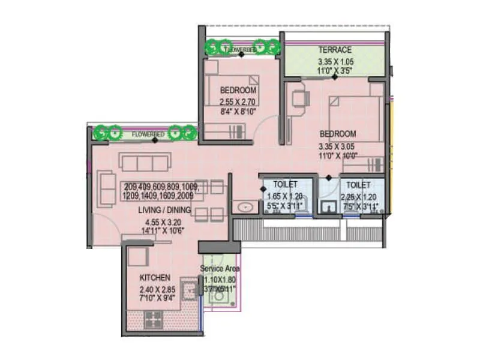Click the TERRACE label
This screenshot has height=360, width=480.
[x=335, y=50]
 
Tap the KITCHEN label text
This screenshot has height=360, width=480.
[x=155, y=278]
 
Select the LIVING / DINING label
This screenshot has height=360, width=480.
[x=164, y=210]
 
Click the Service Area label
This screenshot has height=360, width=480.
[x=220, y=269]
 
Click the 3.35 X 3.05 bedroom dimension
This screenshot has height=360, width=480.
[x=338, y=145]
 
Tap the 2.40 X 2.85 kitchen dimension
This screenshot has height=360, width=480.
[x=155, y=289]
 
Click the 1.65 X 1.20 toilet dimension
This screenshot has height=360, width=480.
[x=285, y=196]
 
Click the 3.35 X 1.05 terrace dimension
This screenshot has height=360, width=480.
[x=335, y=61]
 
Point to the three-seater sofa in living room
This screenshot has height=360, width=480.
[x=145, y=161]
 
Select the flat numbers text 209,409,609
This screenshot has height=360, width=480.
[x=161, y=186]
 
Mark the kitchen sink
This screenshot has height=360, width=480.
[x=191, y=290]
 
